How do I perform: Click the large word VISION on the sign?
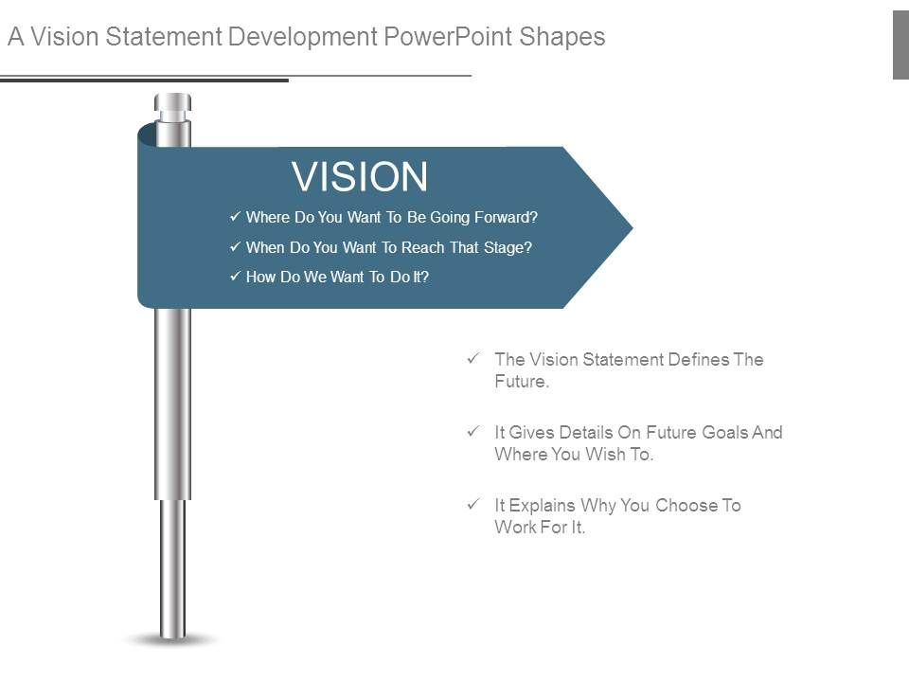360,177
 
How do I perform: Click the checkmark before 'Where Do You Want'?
235,217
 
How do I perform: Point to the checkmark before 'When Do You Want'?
235,247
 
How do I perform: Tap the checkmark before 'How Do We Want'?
235,277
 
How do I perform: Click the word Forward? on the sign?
506,218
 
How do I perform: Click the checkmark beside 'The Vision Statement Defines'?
472,359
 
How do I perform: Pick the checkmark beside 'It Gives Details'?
472,432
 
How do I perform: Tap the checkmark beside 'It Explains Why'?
472,505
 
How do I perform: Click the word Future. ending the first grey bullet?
522,383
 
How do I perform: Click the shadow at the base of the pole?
172,640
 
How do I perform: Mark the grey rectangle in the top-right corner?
900,45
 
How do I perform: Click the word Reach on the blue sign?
421,248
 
